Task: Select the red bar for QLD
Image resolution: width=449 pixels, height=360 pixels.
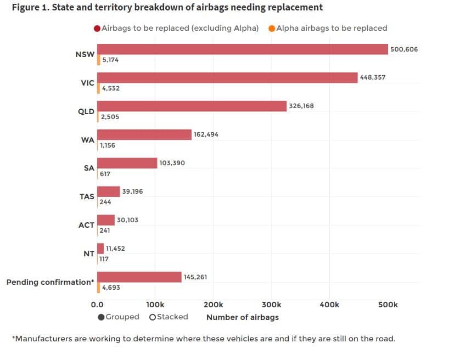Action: tap(192, 106)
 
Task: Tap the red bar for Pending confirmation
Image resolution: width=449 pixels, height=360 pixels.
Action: tap(139, 277)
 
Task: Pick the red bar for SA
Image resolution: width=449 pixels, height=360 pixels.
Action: tap(127, 163)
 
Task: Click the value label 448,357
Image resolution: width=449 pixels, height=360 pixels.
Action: tap(373, 77)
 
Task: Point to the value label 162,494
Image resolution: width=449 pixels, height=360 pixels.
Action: tap(206, 134)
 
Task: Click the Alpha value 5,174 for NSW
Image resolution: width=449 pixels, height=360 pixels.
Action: tap(110, 60)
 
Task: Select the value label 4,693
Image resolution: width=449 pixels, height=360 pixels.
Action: tap(110, 288)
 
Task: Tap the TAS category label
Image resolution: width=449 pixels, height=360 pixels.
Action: tap(87, 196)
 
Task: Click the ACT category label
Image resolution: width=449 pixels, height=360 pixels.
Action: tap(87, 225)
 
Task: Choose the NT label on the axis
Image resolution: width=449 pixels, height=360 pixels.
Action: tap(89, 254)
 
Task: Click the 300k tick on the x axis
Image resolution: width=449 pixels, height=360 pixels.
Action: tap(271, 305)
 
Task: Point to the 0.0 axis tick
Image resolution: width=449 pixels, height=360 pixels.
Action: tap(97, 305)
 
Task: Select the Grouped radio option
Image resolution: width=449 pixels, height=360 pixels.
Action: tap(102, 317)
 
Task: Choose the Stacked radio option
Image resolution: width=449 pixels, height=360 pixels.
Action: tap(152, 317)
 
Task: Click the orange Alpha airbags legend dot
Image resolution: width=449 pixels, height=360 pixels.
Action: tap(272, 28)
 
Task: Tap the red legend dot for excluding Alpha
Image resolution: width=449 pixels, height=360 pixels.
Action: tap(97, 28)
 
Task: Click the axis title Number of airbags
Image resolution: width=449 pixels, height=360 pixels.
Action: tap(242, 317)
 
